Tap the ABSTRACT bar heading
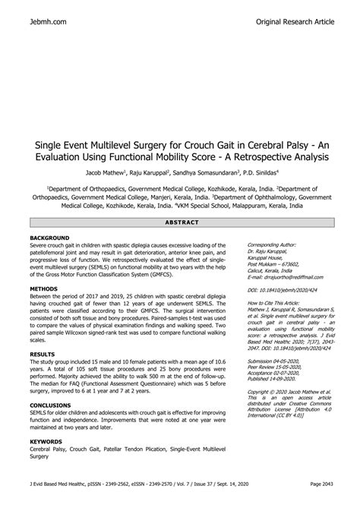point(180,222)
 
